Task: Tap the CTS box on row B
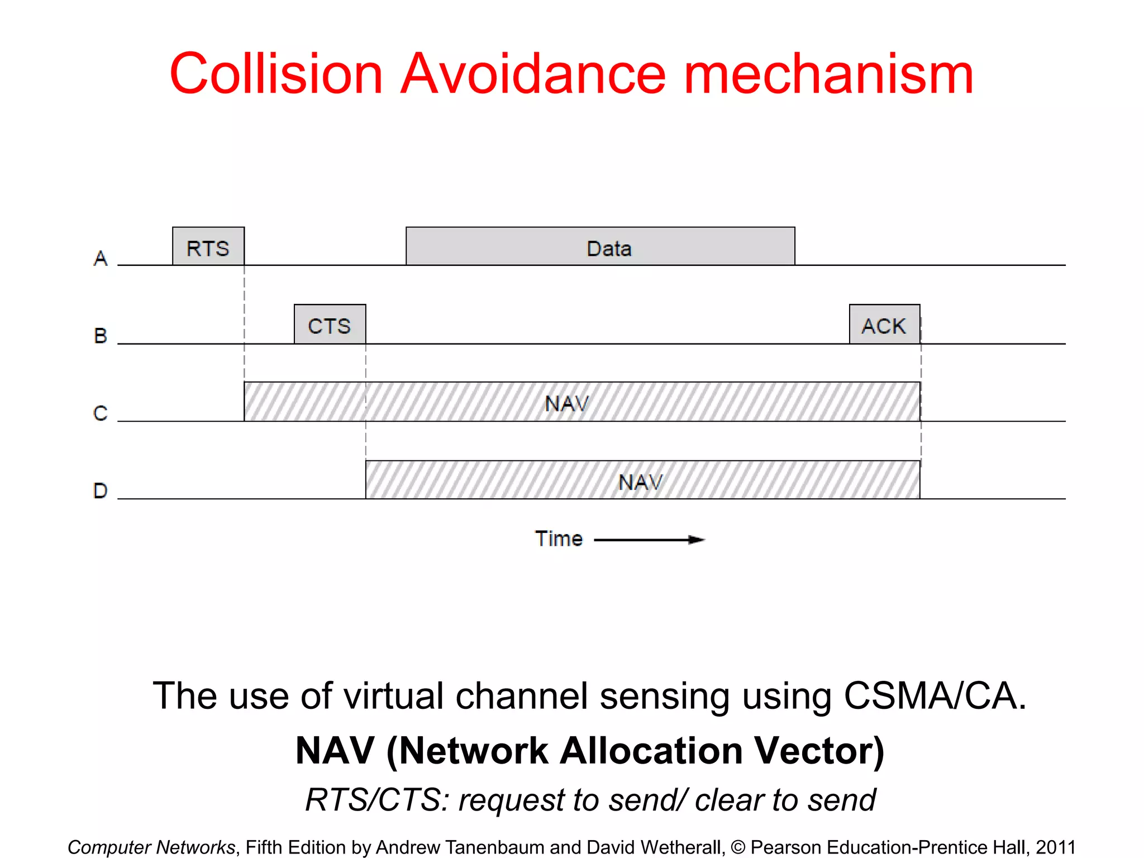(330, 325)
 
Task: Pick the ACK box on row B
(884, 325)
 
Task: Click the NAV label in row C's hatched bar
(566, 403)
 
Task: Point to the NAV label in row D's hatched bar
(640, 482)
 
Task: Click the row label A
(101, 259)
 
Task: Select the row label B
(101, 336)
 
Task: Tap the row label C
(101, 413)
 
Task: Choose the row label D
(101, 491)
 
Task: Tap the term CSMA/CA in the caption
(935, 697)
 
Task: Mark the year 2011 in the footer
(1056, 847)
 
